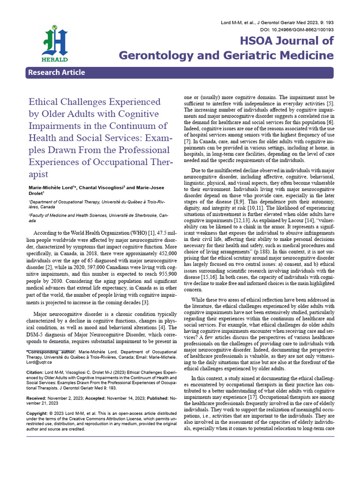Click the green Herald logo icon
pyautogui.click(x=55, y=43)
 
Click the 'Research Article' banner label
pyautogui.click(x=56, y=72)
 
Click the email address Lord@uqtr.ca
pyautogui.click(x=39, y=362)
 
